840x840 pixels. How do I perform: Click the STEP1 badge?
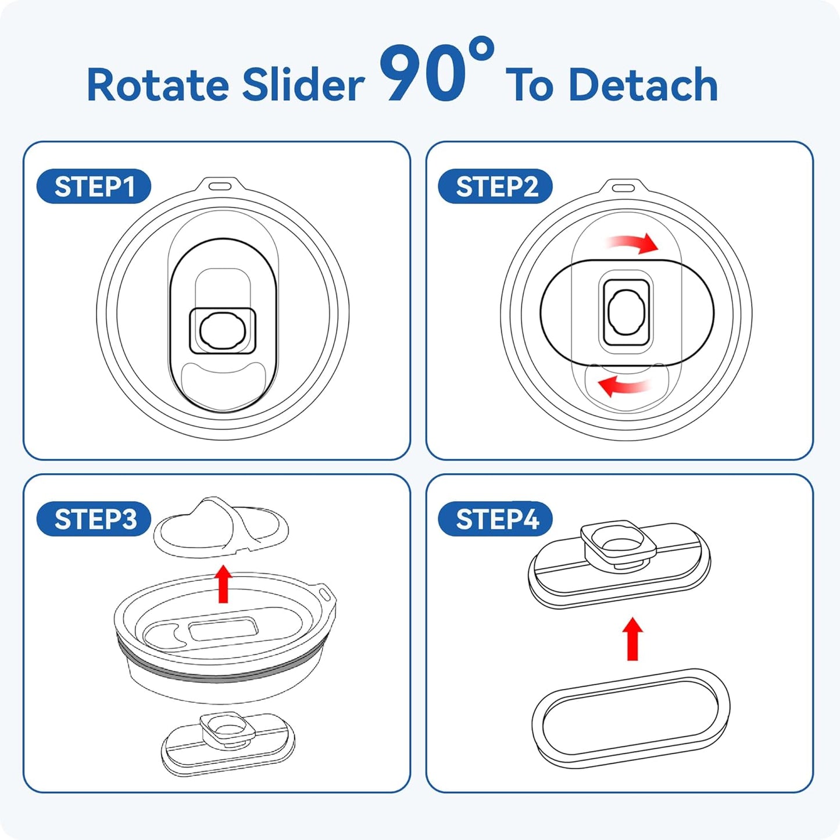coord(94,186)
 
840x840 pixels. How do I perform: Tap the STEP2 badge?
coord(495,186)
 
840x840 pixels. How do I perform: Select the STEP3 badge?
coord(94,519)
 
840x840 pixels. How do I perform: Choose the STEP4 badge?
coord(495,519)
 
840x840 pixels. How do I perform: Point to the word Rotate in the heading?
coord(158,85)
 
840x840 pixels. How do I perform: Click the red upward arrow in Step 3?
coord(224,584)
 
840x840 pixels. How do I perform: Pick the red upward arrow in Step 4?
coord(632,639)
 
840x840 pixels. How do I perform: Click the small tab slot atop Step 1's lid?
coord(220,186)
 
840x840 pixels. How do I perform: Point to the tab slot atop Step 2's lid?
coord(623,188)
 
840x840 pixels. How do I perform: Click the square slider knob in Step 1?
coord(222,330)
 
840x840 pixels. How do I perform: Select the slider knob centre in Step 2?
coord(626,313)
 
